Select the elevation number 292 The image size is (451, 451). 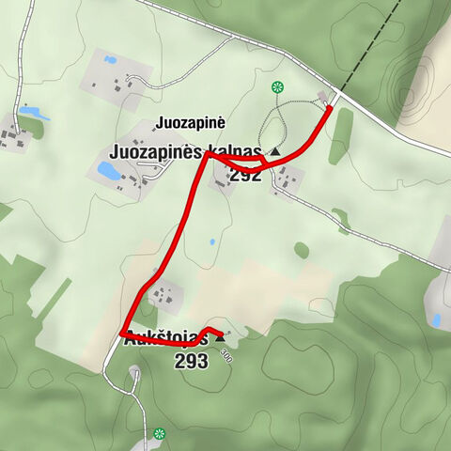(x=245, y=175)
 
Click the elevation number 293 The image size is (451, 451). (x=191, y=361)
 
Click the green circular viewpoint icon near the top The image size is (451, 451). (x=277, y=87)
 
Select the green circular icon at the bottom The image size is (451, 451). (x=159, y=434)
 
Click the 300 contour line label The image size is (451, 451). (x=225, y=355)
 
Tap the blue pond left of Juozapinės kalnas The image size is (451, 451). (x=107, y=173)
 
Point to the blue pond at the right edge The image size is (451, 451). (x=436, y=320)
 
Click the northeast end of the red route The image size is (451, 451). (x=330, y=109)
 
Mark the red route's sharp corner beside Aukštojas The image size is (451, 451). (x=124, y=334)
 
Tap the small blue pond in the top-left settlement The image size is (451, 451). (x=111, y=60)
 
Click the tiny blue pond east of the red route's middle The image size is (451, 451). (x=212, y=241)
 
